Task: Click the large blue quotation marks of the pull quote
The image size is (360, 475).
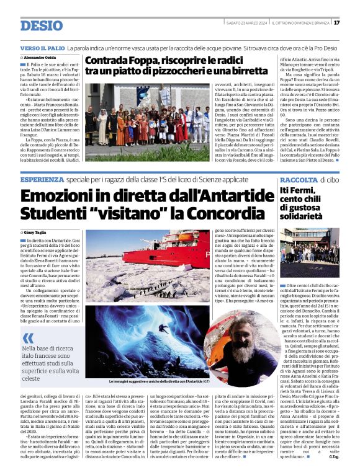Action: pos(28,339)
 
